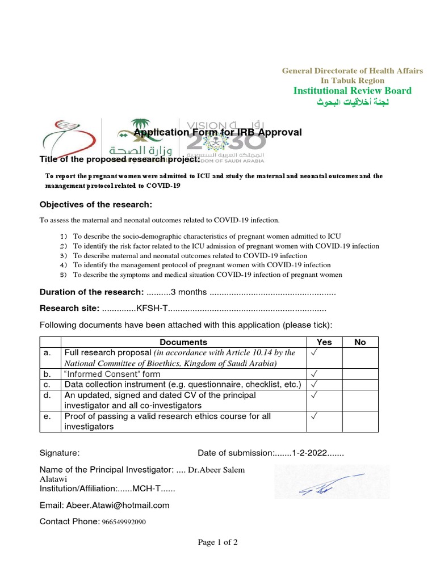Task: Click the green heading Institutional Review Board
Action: pyautogui.click(x=352, y=91)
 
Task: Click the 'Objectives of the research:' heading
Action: pyautogui.click(x=95, y=204)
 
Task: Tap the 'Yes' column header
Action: pyautogui.click(x=324, y=342)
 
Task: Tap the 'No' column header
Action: pyautogui.click(x=360, y=342)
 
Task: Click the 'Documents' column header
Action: pyautogui.click(x=183, y=342)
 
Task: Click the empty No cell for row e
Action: pyautogui.click(x=360, y=421)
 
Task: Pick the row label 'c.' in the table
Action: pyautogui.click(x=47, y=385)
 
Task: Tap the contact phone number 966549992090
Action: pyautogui.click(x=124, y=521)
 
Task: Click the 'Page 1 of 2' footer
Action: pyautogui.click(x=217, y=542)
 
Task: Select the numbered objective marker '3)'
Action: pyautogui.click(x=63, y=256)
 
